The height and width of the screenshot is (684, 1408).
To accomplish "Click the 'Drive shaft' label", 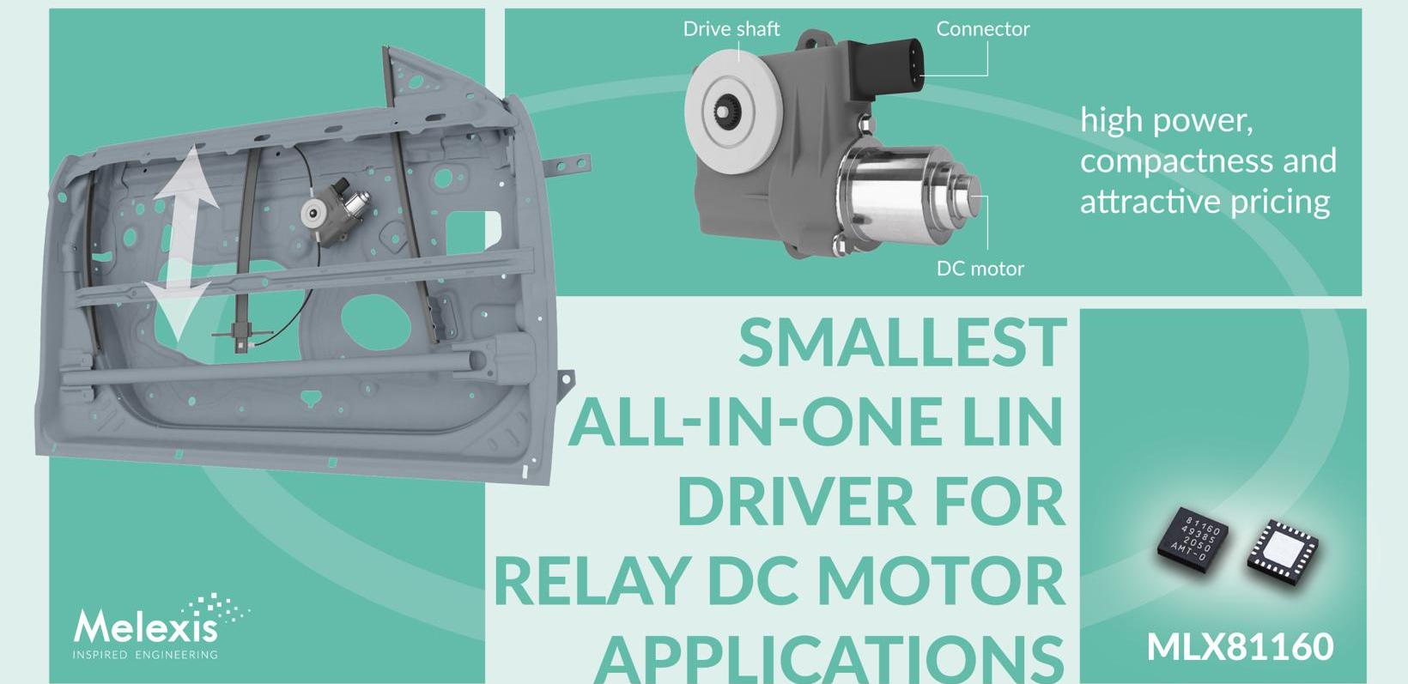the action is [731, 29].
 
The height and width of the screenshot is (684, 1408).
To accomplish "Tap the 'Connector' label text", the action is [982, 29].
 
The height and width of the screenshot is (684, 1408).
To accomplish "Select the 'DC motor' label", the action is [980, 269].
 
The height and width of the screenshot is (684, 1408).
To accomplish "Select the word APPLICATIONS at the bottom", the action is [829, 658].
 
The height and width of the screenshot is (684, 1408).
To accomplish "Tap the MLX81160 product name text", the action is [1240, 646].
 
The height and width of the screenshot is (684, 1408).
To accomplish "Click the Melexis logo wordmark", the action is [146, 626].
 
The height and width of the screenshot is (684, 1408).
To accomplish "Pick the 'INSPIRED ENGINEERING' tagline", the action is [145, 655].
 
